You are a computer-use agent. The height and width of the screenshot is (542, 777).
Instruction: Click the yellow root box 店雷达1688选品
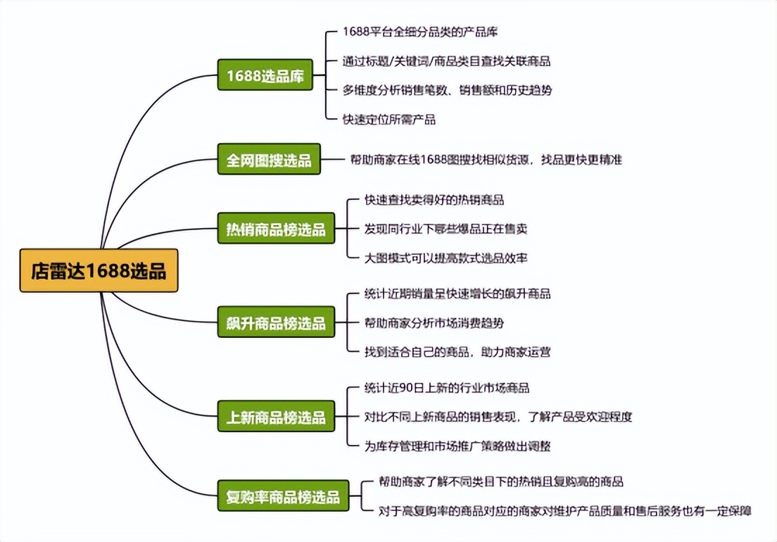coord(99,270)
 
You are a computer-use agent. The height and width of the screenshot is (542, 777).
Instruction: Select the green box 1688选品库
coord(265,75)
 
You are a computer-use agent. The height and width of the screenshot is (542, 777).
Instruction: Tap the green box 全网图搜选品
coord(268,160)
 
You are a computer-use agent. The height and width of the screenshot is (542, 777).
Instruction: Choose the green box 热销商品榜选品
coord(275,229)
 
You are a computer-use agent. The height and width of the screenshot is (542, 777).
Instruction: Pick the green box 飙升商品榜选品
coord(275,323)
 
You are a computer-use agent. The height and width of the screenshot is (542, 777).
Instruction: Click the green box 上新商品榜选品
coord(275,417)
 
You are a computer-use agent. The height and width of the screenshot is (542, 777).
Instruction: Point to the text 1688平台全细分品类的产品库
coord(421,32)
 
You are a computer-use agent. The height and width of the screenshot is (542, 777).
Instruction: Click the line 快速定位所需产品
coord(388,119)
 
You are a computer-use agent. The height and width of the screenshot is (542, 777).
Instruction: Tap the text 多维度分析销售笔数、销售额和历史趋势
coord(447,90)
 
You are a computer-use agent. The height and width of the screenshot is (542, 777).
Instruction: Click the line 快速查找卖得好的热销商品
coord(434,200)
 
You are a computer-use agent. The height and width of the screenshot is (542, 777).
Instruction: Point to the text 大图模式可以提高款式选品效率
coord(446,258)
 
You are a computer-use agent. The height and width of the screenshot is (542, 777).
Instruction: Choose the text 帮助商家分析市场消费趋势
coord(434,323)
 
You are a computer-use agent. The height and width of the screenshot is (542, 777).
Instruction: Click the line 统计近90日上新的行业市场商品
coord(446,388)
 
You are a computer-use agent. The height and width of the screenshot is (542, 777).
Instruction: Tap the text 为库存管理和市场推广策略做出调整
coord(457,446)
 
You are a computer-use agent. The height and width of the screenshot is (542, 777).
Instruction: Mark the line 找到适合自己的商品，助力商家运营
coord(457,351)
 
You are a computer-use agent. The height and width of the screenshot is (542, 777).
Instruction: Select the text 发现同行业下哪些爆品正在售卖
coord(446,229)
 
